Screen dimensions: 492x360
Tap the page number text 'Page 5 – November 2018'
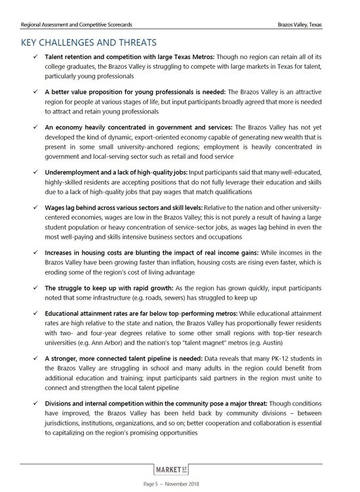point(180,484)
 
